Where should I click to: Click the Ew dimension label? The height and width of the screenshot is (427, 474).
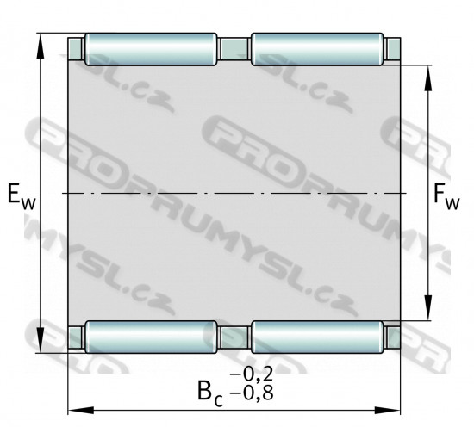[x=22, y=195]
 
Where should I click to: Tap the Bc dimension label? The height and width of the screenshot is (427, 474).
[x=210, y=393]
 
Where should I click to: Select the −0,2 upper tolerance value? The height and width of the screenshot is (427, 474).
[x=252, y=374]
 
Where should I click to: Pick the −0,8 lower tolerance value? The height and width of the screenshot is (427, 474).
[x=252, y=393]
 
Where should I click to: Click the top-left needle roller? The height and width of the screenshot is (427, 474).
[x=151, y=49]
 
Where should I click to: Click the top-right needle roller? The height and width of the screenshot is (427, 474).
[x=317, y=49]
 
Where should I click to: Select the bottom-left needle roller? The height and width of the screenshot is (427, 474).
[x=151, y=337]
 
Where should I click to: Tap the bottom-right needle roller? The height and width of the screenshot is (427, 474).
[x=317, y=337]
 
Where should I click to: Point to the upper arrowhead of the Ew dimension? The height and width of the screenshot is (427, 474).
[x=41, y=46]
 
